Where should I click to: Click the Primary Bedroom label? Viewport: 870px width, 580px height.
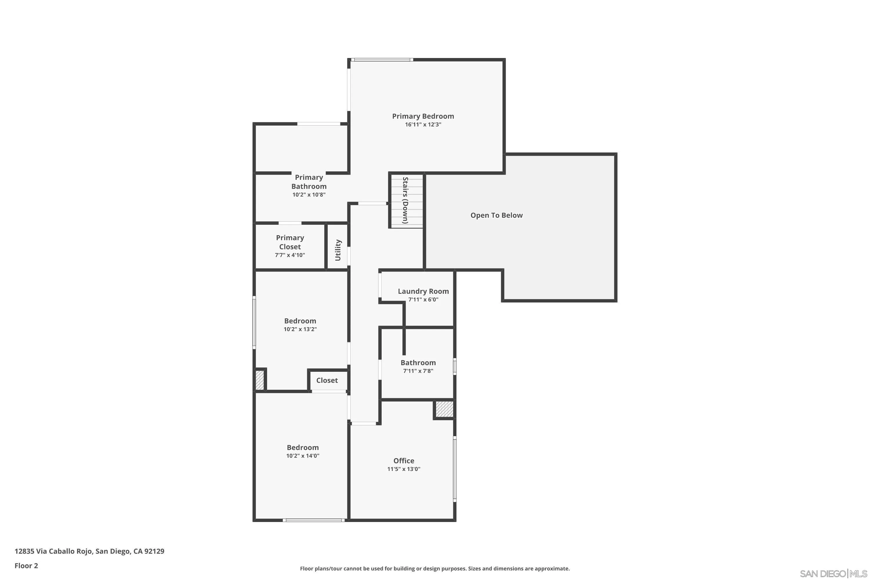pos(423,116)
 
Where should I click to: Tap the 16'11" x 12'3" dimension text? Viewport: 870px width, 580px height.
pos(423,125)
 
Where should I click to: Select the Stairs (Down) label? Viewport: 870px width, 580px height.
pos(405,200)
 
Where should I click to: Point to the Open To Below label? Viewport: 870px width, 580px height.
pos(496,215)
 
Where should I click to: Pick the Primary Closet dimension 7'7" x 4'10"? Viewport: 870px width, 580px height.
pos(290,255)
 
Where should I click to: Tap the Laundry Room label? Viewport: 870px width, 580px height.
pos(423,291)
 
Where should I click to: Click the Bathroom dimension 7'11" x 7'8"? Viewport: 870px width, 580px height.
pos(418,371)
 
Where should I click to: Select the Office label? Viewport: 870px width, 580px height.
pos(404,461)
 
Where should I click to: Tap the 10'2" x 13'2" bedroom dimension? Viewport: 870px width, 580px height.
pos(300,329)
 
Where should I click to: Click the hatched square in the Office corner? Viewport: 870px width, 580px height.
pos(444,409)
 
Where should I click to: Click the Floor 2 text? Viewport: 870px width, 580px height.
pos(26,565)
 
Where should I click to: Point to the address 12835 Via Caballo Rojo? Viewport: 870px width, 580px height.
pos(89,551)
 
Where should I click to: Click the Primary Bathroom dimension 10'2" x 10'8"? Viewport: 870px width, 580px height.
pos(309,195)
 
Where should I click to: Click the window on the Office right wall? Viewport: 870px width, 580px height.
pos(455,469)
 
